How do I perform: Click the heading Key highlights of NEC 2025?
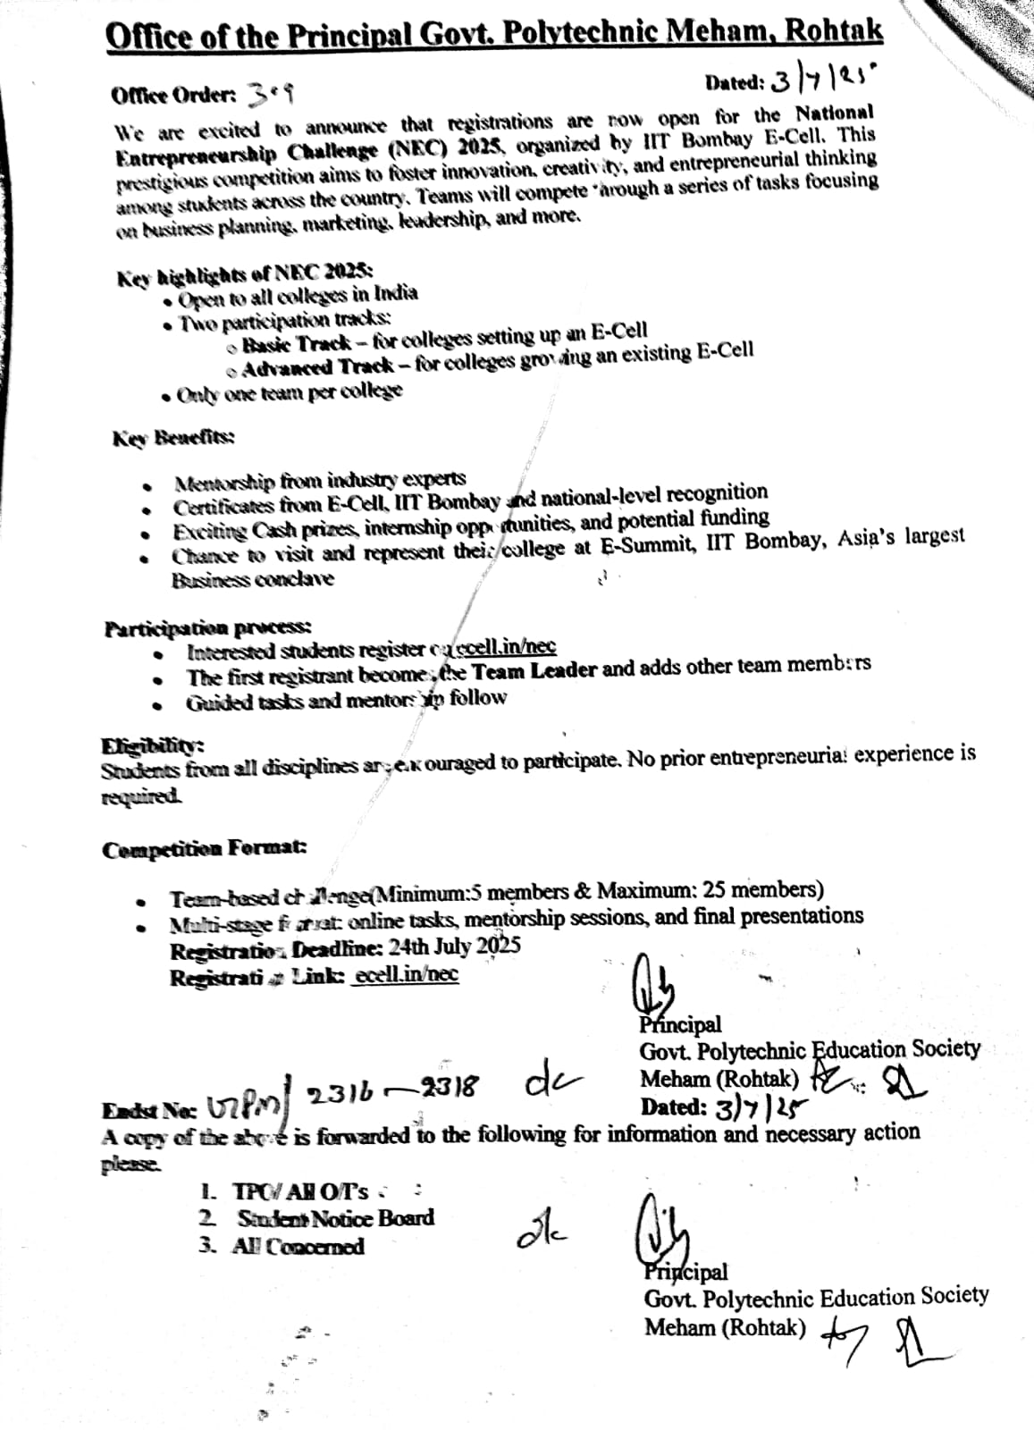(246, 273)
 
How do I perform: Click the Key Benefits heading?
(173, 438)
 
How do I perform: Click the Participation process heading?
(208, 628)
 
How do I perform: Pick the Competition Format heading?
(205, 849)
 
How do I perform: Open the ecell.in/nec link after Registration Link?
(406, 974)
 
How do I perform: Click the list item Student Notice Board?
(335, 1218)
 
